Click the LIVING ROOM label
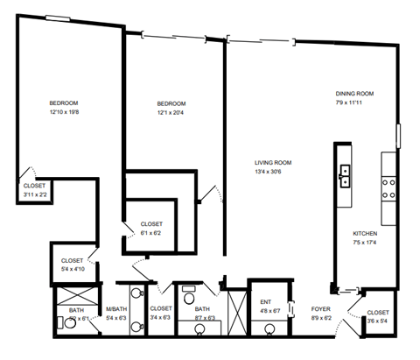(272, 162)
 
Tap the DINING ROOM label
(354, 94)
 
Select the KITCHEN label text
(364, 234)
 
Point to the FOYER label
(320, 308)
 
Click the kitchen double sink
(346, 176)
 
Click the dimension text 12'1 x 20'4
(171, 112)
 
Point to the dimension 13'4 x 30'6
(272, 172)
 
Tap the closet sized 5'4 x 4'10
(72, 265)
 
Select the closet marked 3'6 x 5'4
(377, 316)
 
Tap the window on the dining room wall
(400, 137)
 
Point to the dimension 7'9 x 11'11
(354, 103)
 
